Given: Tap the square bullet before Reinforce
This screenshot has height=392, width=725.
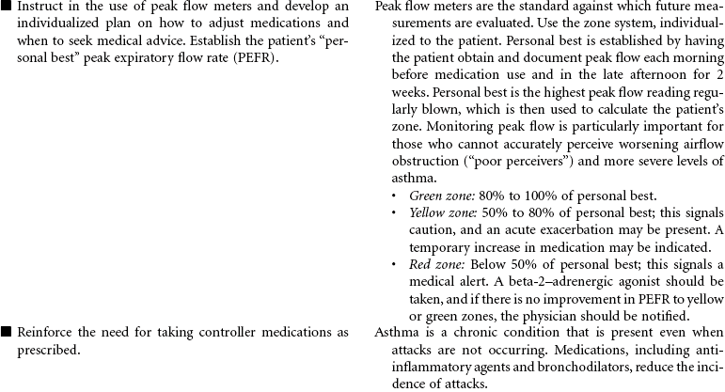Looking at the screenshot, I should click(6, 332).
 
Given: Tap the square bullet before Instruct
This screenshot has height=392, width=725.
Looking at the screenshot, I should click(6, 8).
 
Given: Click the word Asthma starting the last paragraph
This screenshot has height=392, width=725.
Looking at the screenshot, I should click(395, 332).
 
